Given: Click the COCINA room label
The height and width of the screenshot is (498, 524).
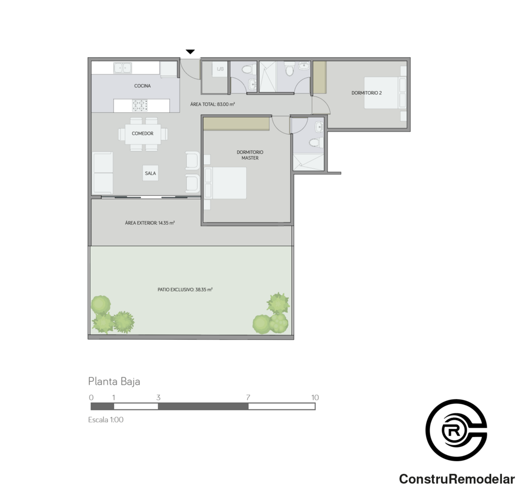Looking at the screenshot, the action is (x=142, y=86).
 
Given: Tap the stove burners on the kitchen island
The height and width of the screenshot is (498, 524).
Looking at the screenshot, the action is (x=140, y=106).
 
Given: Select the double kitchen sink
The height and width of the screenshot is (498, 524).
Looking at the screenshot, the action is (x=122, y=68).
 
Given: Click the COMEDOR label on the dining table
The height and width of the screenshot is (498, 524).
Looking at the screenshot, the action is (x=142, y=134).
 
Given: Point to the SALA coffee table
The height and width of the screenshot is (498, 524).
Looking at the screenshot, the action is (x=150, y=173).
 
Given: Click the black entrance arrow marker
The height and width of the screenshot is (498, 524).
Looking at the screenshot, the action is (x=190, y=52).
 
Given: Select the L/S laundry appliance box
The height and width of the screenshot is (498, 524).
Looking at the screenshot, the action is (x=220, y=69).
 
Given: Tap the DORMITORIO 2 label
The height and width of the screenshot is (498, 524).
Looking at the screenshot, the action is (x=366, y=93).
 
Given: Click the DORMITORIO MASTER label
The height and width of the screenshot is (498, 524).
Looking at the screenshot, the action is (x=250, y=155).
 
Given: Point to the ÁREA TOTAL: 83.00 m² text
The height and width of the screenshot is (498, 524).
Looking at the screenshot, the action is (x=212, y=105).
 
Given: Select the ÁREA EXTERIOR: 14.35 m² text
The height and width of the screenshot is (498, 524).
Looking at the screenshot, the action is (x=150, y=223).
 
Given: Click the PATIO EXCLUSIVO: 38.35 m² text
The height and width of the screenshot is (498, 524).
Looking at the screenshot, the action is (x=185, y=289).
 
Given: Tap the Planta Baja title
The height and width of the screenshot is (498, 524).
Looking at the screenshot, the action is (x=114, y=382).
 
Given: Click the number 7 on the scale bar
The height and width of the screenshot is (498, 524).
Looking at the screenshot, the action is (x=248, y=398).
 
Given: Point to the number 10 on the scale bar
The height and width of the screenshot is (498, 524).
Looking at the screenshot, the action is (x=315, y=398).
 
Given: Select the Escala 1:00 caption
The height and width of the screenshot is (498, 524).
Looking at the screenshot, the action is (x=105, y=420).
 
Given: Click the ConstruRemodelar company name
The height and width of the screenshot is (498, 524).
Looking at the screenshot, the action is (x=457, y=479).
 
